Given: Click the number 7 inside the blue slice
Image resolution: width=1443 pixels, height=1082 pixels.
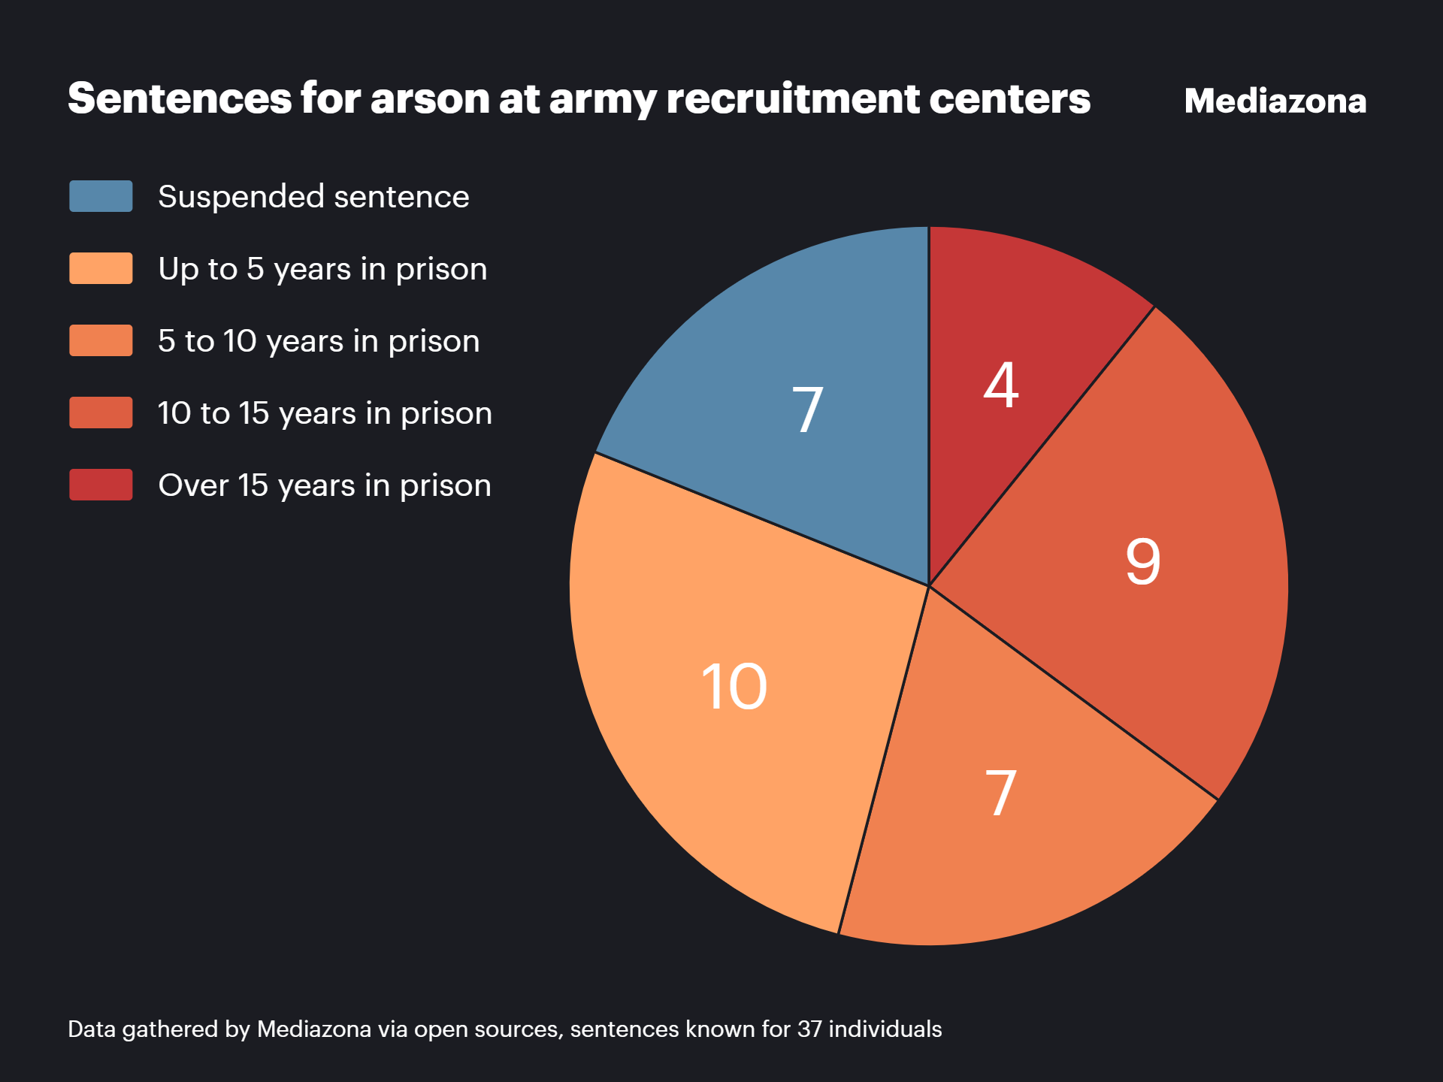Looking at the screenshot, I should pos(808,410).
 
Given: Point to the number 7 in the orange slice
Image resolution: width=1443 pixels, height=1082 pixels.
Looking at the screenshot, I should pos(1001,793).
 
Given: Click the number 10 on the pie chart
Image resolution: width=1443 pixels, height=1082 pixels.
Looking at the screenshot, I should pos(734,687).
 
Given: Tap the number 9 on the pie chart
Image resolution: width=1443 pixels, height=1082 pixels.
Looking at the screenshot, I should pos(1143,562).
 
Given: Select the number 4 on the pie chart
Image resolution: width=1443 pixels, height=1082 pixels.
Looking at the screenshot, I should pos(1001,385).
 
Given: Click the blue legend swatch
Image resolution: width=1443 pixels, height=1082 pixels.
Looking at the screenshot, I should pos(101,196).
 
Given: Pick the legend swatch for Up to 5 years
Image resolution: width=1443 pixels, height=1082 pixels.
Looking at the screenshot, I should pos(101,268).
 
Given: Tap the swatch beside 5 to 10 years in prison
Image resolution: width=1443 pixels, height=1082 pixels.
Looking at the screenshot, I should pos(101,340).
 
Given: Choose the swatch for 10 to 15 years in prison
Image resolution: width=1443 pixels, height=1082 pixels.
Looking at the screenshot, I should pos(101,413).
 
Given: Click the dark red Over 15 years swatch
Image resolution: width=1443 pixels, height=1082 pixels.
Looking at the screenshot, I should pos(101,485).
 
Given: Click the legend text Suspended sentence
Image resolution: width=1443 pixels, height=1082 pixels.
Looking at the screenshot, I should pos(313,197).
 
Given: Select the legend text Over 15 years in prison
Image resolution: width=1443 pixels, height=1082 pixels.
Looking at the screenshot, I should pos(325,485).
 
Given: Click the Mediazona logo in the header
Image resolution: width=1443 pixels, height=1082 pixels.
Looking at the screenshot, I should pos(1275,101).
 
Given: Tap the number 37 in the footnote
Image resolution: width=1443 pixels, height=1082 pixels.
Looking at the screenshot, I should pos(809,1029).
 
